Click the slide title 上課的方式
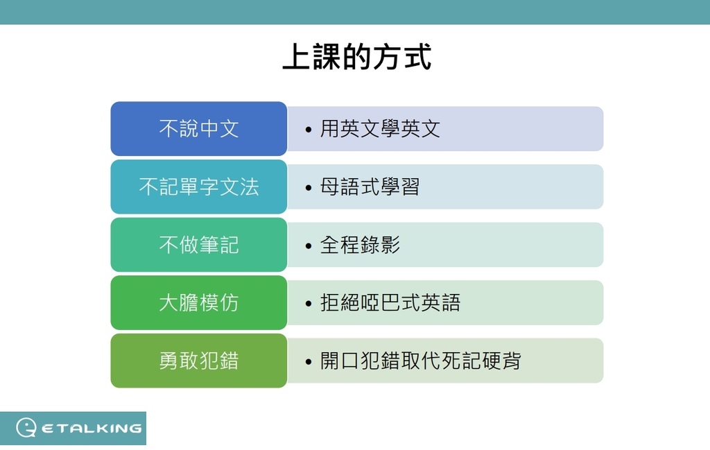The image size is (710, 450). pyautogui.click(x=357, y=57)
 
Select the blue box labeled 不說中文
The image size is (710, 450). pyautogui.click(x=199, y=128)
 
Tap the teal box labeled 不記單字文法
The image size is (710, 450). pyautogui.click(x=199, y=187)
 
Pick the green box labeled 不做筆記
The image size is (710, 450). pyautogui.click(x=199, y=245)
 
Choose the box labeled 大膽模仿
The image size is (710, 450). pyautogui.click(x=199, y=302)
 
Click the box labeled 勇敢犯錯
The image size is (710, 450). pyautogui.click(x=199, y=361)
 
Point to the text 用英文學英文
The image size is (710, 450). pyautogui.click(x=380, y=128)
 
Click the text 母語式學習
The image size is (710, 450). pyautogui.click(x=370, y=187)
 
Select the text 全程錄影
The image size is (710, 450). pyautogui.click(x=360, y=245)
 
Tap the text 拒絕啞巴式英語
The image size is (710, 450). pyautogui.click(x=390, y=302)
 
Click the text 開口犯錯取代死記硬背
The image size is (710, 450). pyautogui.click(x=420, y=361)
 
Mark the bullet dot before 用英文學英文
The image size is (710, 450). pyautogui.click(x=309, y=130)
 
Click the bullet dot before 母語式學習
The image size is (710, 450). pyautogui.click(x=309, y=188)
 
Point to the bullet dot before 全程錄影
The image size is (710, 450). pyautogui.click(x=309, y=246)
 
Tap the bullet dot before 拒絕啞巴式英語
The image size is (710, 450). pyautogui.click(x=309, y=304)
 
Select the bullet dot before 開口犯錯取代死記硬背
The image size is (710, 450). pyautogui.click(x=309, y=362)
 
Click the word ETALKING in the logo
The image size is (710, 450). pyautogui.click(x=92, y=429)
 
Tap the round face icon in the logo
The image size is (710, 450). pyautogui.click(x=26, y=427)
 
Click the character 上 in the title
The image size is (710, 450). pyautogui.click(x=297, y=57)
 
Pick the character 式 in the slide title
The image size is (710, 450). pyautogui.click(x=417, y=57)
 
